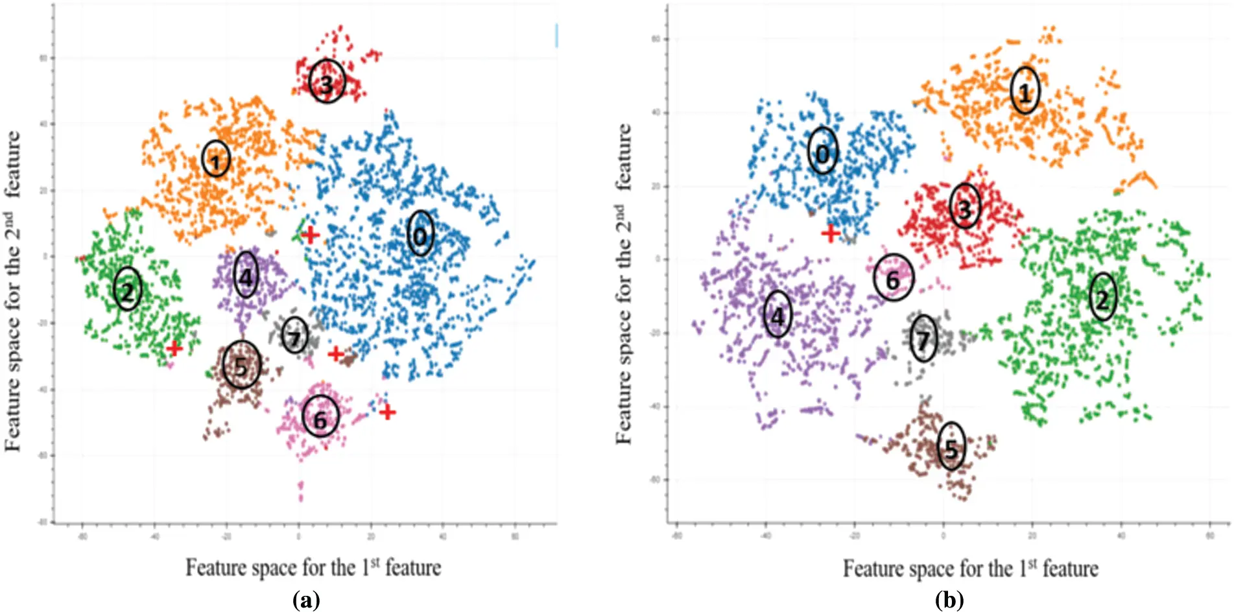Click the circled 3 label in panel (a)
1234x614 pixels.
(327, 82)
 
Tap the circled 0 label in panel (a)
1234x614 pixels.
(420, 234)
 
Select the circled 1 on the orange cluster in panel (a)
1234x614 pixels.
(216, 159)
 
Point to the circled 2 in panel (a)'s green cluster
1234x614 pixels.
(128, 289)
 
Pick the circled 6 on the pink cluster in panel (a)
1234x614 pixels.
(320, 418)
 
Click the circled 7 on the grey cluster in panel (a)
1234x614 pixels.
(295, 336)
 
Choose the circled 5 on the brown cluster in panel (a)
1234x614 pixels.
(241, 365)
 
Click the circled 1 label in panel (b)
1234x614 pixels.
(1025, 91)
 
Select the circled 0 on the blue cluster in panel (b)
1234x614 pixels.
(823, 151)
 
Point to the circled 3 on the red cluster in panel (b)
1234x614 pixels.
(965, 206)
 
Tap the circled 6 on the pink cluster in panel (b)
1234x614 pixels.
(894, 277)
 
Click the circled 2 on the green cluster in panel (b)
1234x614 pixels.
(1102, 297)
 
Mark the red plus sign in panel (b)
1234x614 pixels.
(830, 233)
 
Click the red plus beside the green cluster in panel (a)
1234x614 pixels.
(174, 348)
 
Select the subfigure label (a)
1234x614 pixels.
(306, 600)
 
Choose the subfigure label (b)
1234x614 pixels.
(949, 600)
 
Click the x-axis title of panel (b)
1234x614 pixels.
(970, 569)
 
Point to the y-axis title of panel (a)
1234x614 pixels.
(14, 290)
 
